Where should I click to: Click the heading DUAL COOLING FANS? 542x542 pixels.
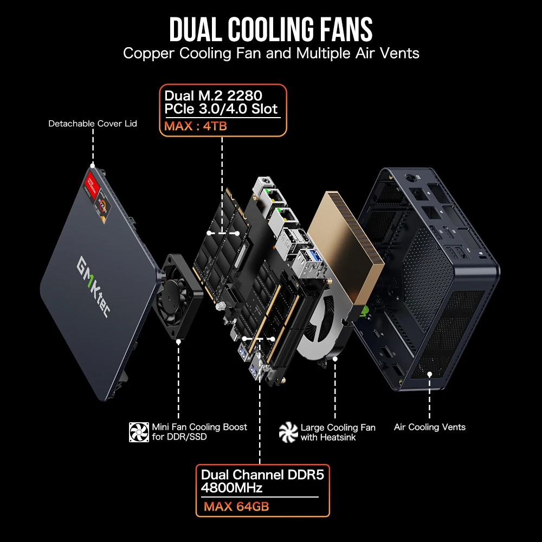coord(271,29)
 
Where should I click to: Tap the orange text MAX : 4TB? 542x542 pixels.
coord(196,126)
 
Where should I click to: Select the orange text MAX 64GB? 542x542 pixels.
coord(236,506)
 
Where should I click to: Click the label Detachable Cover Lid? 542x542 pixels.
coord(93,124)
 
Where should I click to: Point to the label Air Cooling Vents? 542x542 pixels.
coord(430,427)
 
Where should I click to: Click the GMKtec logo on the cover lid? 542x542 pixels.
coord(93,287)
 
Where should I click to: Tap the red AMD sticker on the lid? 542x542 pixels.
coord(93,184)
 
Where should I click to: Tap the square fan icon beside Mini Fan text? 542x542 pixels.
coord(139,432)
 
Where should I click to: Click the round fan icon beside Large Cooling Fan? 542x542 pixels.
coord(288,432)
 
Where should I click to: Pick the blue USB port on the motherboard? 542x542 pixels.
coord(317,256)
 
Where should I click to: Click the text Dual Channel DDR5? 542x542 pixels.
coord(262,475)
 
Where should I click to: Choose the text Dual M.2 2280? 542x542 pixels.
coord(213,95)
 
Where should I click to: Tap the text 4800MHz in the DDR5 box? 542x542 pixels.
coord(231,488)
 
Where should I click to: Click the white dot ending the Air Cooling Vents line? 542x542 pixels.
coord(429,374)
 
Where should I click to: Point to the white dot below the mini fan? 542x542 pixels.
coord(178,341)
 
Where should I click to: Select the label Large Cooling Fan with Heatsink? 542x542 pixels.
coord(338,432)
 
